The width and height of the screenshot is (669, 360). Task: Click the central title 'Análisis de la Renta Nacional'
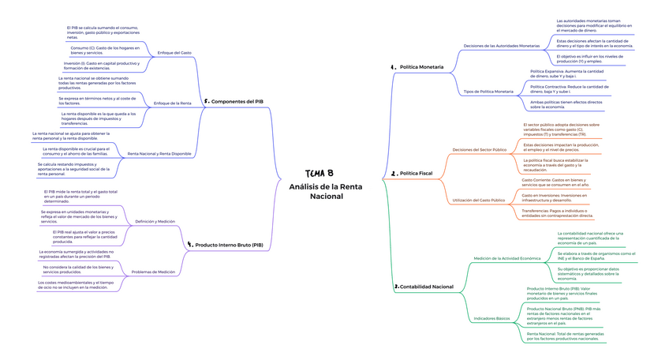pyautogui.click(x=326, y=191)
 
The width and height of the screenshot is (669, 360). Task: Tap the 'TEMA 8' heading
pyautogui.click(x=320, y=174)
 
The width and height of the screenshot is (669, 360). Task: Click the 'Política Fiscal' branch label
pyautogui.click(x=416, y=173)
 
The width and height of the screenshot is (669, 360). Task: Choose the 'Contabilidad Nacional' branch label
pyautogui.click(x=426, y=287)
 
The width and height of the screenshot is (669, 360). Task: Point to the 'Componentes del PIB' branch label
pyautogui.click(x=237, y=102)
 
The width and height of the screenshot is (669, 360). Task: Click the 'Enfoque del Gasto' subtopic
pyautogui.click(x=174, y=53)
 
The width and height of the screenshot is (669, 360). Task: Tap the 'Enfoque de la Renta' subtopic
pyautogui.click(x=172, y=103)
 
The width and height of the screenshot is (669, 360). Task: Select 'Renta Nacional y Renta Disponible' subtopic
pyautogui.click(x=159, y=153)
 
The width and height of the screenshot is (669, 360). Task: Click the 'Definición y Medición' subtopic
pyautogui.click(x=155, y=222)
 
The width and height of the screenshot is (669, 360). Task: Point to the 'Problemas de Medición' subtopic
pyautogui.click(x=153, y=272)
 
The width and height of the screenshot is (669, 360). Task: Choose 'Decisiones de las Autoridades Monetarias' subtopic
pyautogui.click(x=502, y=46)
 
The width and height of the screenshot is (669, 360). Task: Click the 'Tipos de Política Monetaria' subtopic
pyautogui.click(x=488, y=92)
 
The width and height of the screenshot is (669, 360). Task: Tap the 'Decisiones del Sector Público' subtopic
pyautogui.click(x=480, y=150)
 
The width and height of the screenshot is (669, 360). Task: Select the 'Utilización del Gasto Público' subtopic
pyautogui.click(x=478, y=201)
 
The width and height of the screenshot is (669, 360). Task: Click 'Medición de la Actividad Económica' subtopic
pyautogui.click(x=507, y=258)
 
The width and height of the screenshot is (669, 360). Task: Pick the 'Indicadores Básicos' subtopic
pyautogui.click(x=491, y=318)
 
